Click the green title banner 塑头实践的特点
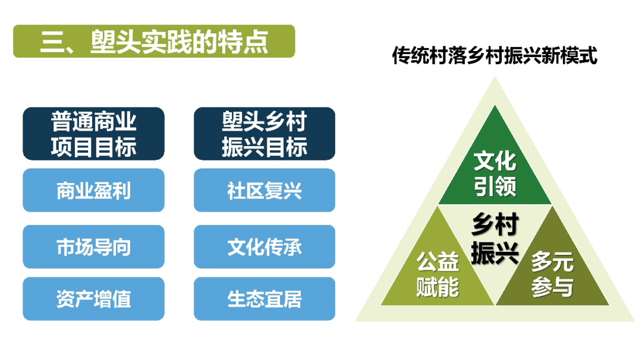pos(154,41)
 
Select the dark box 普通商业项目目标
pos(93,134)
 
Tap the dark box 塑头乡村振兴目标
pos(265,134)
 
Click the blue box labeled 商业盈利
pos(93,190)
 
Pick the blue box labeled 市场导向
pos(93,247)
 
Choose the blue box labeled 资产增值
pos(93,299)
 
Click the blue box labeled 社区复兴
pos(265,190)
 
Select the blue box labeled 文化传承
pos(265,247)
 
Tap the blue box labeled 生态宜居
pos(265,299)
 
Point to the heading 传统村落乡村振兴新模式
pos(495,55)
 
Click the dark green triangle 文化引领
pos(495,172)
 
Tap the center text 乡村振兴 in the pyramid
pos(495,238)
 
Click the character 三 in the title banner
pos(52,42)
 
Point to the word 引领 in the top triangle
pos(495,186)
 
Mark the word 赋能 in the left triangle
pos(438,287)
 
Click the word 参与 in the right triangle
pos(552,287)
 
